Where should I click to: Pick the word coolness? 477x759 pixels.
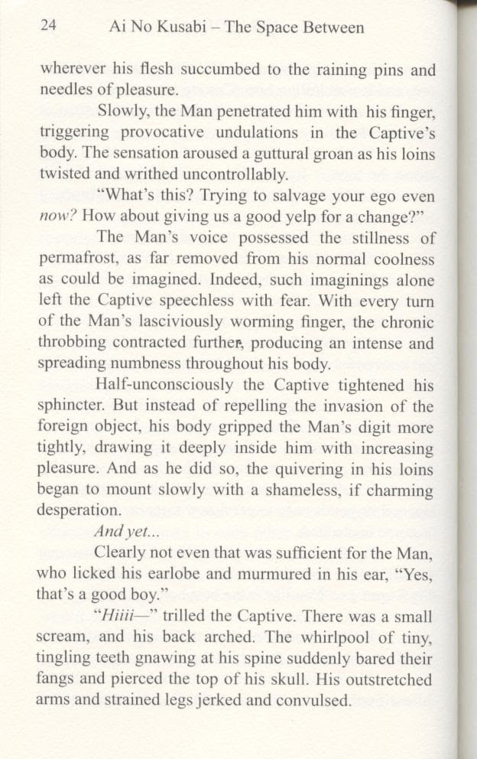point(400,259)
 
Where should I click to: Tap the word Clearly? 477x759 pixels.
point(122,551)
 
